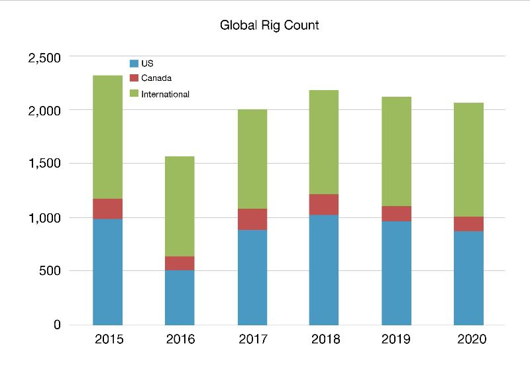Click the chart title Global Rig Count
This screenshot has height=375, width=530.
[x=269, y=26]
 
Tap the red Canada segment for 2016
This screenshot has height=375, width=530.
[x=180, y=263]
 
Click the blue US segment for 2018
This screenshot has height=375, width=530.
[x=324, y=270]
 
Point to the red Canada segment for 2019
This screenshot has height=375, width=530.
[x=396, y=213]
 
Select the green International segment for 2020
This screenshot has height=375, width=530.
[x=468, y=160]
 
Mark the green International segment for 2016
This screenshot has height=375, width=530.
[x=180, y=206]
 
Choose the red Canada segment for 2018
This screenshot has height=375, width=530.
[x=324, y=204]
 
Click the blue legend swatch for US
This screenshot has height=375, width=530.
[x=134, y=64]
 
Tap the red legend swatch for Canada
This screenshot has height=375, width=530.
[x=134, y=79]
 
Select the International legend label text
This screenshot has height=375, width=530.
[x=166, y=94]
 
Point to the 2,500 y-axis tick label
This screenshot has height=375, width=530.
[x=44, y=58]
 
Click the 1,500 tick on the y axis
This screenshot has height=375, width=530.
[x=44, y=164]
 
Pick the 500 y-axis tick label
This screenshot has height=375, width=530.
[x=50, y=271]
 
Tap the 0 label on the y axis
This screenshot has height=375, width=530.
[x=57, y=325]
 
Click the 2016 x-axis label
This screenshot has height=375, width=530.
[x=180, y=339]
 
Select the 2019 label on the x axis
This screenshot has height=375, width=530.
[x=396, y=339]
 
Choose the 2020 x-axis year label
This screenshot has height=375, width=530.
[x=468, y=339]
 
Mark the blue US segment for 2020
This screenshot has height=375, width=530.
[x=468, y=278]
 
